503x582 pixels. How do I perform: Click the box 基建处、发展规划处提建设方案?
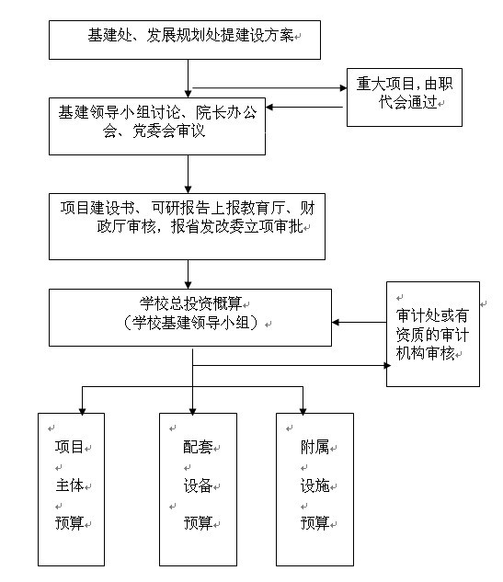[185, 40]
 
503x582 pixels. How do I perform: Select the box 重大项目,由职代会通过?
[405, 97]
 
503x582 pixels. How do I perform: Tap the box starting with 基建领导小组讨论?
[157, 126]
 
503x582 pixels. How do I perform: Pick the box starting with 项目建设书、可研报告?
[187, 226]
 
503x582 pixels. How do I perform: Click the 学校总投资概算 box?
[190, 318]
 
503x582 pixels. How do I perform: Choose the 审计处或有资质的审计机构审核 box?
[433, 334]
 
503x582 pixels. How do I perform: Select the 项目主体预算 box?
[72, 489]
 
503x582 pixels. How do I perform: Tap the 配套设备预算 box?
[199, 489]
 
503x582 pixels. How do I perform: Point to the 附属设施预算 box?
[314, 489]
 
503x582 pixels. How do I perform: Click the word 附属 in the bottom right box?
[314, 447]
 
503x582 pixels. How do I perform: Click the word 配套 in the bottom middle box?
[198, 447]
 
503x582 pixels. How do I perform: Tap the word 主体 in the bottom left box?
[69, 485]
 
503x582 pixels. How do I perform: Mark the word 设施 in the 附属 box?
[314, 485]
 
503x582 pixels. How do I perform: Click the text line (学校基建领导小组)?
[190, 323]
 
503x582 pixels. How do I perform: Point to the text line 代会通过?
[407, 102]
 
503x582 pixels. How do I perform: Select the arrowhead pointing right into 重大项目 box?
[343, 88]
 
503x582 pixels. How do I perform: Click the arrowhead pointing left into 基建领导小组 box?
[269, 108]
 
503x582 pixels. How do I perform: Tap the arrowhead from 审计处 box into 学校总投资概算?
[336, 322]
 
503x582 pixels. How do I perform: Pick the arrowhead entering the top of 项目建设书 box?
[189, 189]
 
